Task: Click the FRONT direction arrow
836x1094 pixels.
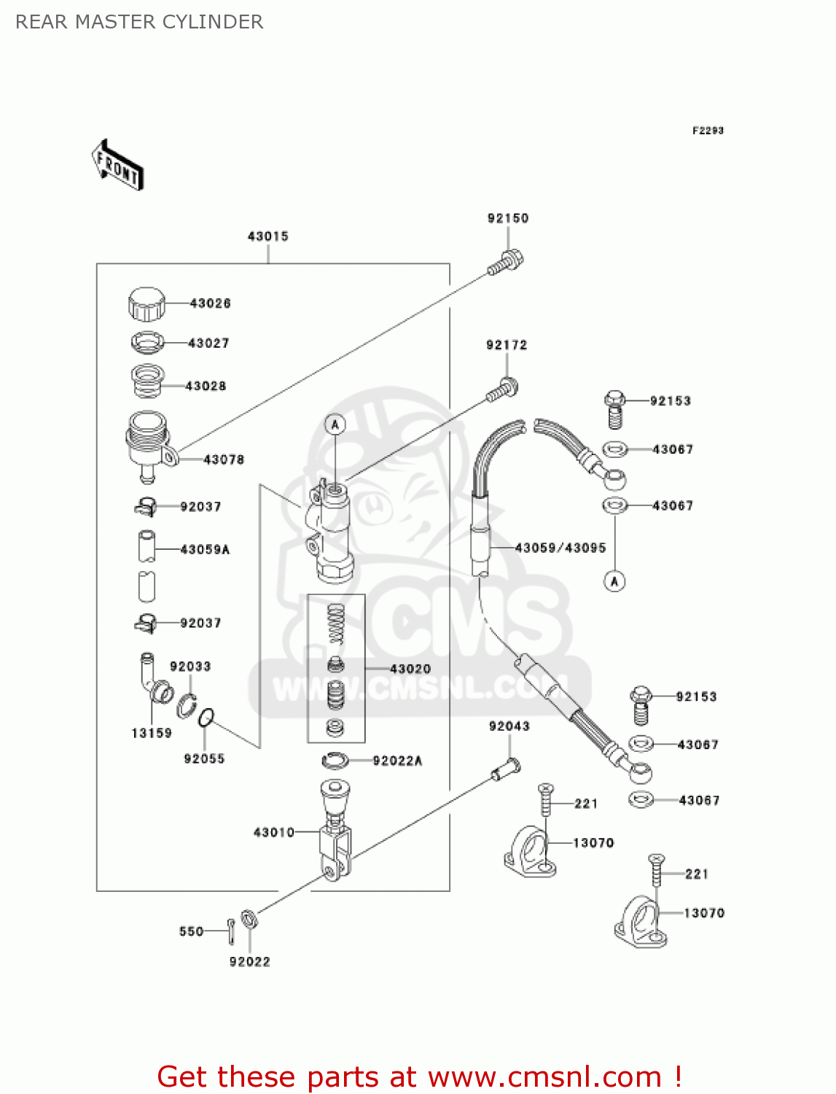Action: [x=117, y=166]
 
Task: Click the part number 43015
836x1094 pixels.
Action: [x=268, y=236]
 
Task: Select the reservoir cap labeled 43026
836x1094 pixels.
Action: [x=147, y=303]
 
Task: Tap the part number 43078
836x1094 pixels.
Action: [x=224, y=459]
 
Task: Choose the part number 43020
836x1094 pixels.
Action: [x=410, y=669]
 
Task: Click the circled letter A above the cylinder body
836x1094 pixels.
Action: [x=335, y=424]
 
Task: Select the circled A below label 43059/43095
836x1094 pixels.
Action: [x=614, y=581]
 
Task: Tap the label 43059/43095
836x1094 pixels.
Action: [x=560, y=548]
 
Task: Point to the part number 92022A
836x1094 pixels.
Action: [x=397, y=761]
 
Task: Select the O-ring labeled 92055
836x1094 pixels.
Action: [x=206, y=718]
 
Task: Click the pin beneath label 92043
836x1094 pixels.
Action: [x=505, y=768]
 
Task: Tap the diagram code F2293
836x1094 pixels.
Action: [x=708, y=131]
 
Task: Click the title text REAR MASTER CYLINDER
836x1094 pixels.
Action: [x=139, y=22]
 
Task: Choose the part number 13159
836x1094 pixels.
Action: [x=152, y=733]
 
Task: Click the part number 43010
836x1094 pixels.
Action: [x=274, y=832]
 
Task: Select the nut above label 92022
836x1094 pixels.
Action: [x=248, y=919]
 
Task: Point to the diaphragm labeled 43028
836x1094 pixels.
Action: [x=147, y=381]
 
